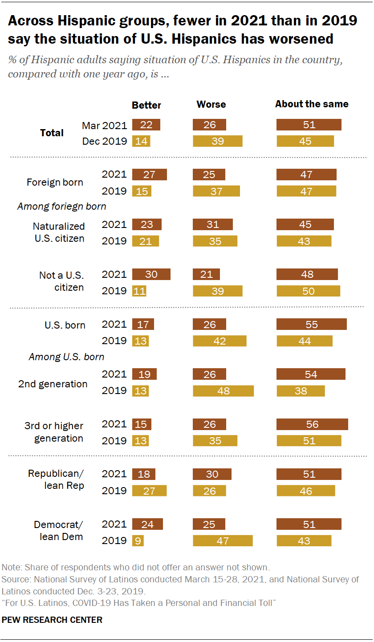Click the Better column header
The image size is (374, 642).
tap(146, 106)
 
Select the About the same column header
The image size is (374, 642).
tap(312, 104)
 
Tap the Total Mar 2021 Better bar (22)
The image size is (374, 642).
tap(146, 125)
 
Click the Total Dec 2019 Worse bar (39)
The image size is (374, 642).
tap(218, 141)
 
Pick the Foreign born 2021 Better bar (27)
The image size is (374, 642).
tap(150, 175)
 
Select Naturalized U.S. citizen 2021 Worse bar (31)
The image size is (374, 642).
tap(213, 224)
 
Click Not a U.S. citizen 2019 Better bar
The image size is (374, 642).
tap(139, 291)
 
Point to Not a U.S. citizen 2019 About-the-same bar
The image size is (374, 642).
tap(309, 291)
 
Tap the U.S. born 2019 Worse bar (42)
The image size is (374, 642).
tap(220, 341)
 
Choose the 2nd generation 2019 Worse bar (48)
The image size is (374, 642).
tap(223, 391)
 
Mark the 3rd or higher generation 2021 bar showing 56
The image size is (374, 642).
tap(312, 424)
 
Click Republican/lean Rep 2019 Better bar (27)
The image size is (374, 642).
tap(150, 491)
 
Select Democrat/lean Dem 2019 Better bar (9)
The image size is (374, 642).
tap(138, 541)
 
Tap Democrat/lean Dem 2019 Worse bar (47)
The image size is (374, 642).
tap(223, 541)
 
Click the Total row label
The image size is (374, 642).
tap(52, 133)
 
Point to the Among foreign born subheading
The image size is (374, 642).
tap(61, 207)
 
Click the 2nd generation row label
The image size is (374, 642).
tap(53, 384)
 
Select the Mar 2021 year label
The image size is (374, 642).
tap(105, 125)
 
